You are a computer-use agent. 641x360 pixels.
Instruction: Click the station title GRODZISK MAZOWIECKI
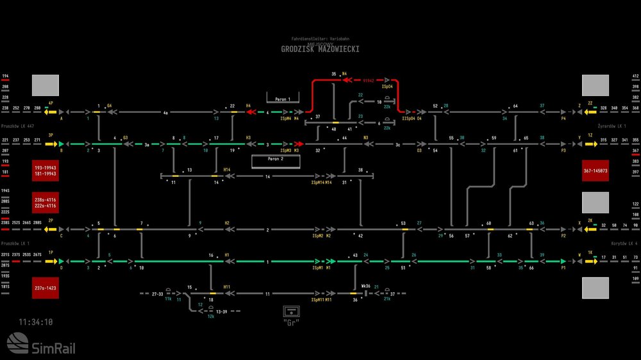(x=320, y=49)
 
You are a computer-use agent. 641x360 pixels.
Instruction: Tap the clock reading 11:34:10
(x=36, y=322)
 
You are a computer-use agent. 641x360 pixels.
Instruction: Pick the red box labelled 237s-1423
(x=46, y=288)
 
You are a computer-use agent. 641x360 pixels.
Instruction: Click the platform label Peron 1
(x=283, y=99)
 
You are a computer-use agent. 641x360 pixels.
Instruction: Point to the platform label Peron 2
(x=276, y=158)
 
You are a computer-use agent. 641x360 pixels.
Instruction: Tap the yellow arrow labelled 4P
(x=51, y=111)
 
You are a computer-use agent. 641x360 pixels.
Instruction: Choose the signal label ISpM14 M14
(x=321, y=183)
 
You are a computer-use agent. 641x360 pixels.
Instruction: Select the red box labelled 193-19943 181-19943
(x=46, y=170)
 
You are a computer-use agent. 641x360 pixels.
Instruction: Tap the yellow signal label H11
(x=227, y=286)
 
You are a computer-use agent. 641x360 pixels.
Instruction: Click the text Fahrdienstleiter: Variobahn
(x=320, y=39)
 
